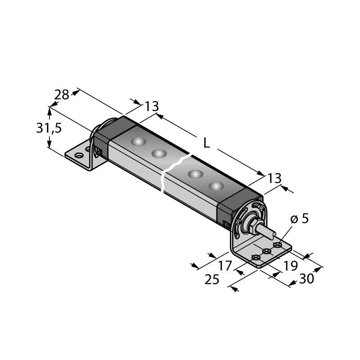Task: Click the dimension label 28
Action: click(x=62, y=94)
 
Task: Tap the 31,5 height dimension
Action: click(x=49, y=128)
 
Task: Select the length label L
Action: click(x=207, y=144)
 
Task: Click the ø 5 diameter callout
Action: click(x=299, y=219)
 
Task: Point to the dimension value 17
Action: click(x=225, y=266)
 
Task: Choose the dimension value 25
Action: click(x=211, y=279)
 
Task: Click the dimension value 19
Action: click(x=291, y=266)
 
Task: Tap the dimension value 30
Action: click(x=306, y=279)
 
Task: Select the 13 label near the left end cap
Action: click(x=152, y=106)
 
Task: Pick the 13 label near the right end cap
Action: click(x=274, y=178)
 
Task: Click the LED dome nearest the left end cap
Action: click(x=139, y=141)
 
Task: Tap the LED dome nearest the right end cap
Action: click(x=216, y=186)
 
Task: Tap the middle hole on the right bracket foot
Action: click(x=266, y=251)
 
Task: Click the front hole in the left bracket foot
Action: click(x=79, y=155)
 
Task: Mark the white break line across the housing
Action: click(x=175, y=172)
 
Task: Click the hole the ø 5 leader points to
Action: click(x=278, y=245)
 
